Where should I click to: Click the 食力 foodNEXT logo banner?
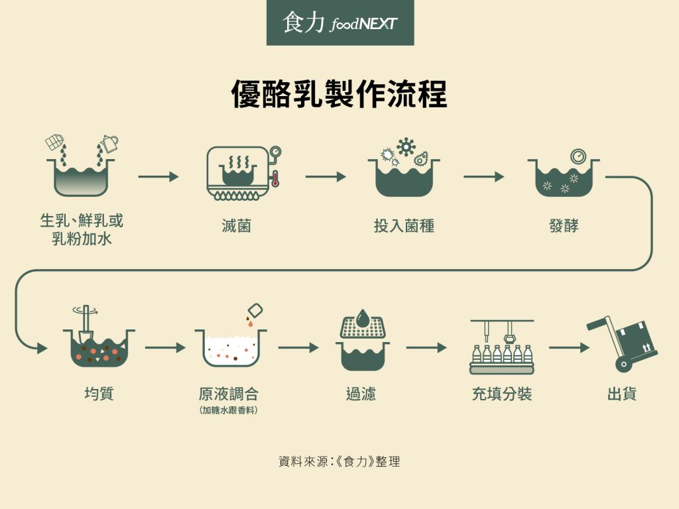(x=339, y=23)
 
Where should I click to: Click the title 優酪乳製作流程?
(x=339, y=94)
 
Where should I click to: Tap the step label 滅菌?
(x=237, y=226)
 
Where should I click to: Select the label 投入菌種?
(x=404, y=226)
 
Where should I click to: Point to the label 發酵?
(x=564, y=226)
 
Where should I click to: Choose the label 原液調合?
(x=228, y=394)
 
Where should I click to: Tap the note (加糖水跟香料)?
(x=228, y=411)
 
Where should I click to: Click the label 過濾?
(x=361, y=394)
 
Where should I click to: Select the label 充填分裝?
(x=501, y=394)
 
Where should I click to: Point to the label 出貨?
(x=622, y=394)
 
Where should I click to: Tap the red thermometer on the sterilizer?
(x=275, y=179)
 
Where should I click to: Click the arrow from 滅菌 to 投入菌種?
(x=326, y=177)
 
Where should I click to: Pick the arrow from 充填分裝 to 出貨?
(x=569, y=347)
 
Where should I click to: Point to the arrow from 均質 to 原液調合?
(x=165, y=347)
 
